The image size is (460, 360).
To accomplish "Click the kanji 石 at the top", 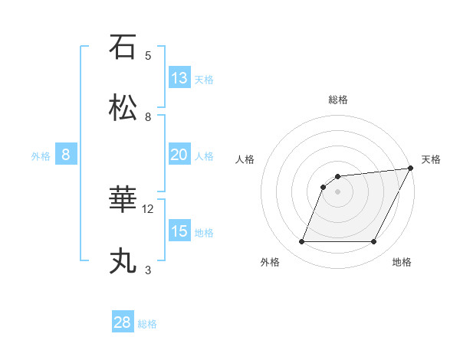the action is tap(123, 47).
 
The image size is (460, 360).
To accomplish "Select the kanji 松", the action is tap(123, 107).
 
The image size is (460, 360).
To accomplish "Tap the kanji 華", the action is tap(123, 201).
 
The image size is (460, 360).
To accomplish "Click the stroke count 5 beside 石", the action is tap(148, 55).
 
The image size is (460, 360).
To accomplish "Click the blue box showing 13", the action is tap(179, 77).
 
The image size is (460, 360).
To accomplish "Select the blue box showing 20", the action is tap(179, 155).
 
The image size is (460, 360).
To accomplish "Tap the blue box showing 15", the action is tap(179, 231).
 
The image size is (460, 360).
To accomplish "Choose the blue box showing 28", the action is tap(123, 322).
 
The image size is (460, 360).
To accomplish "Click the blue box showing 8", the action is tap(66, 155).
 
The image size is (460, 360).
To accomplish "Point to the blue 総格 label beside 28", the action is tap(148, 324).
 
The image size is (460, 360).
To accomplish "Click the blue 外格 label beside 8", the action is tap(41, 156).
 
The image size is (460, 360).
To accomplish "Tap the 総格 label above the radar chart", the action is tap(337, 100).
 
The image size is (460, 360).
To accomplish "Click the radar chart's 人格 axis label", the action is tap(245, 159).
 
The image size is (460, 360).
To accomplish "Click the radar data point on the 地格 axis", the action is tap(374, 242).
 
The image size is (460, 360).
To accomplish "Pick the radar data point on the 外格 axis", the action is tap(301, 242).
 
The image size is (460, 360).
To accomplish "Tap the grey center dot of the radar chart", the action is tap(337, 192).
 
